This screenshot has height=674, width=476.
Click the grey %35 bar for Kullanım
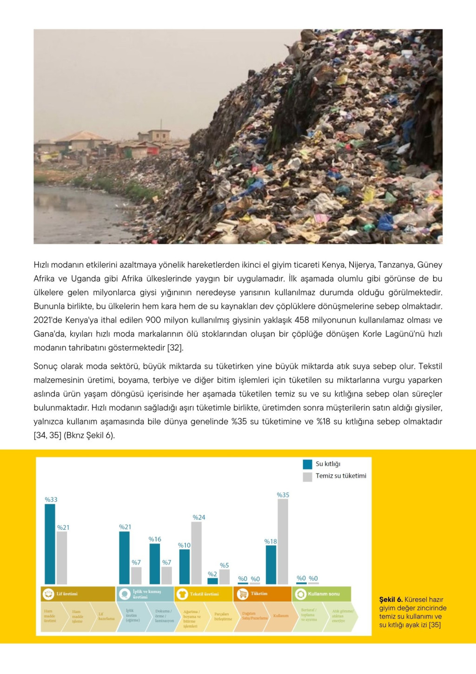point(283,541)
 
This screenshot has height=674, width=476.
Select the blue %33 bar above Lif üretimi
point(50,544)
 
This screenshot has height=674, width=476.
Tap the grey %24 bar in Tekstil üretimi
point(196,553)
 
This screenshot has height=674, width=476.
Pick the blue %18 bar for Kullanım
point(271,565)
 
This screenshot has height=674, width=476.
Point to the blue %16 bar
point(155,564)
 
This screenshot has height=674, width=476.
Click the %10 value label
point(184,545)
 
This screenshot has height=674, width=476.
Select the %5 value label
point(225,565)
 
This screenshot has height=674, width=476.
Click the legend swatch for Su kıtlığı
point(307,464)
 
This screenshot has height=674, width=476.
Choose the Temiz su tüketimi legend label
point(341,476)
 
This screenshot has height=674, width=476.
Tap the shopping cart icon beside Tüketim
point(243,594)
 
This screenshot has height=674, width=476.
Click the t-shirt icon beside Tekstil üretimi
point(182,594)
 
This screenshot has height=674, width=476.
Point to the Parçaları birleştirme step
point(223,617)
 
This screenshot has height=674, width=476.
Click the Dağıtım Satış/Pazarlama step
point(254,616)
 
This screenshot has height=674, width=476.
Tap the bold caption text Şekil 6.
point(391,600)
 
